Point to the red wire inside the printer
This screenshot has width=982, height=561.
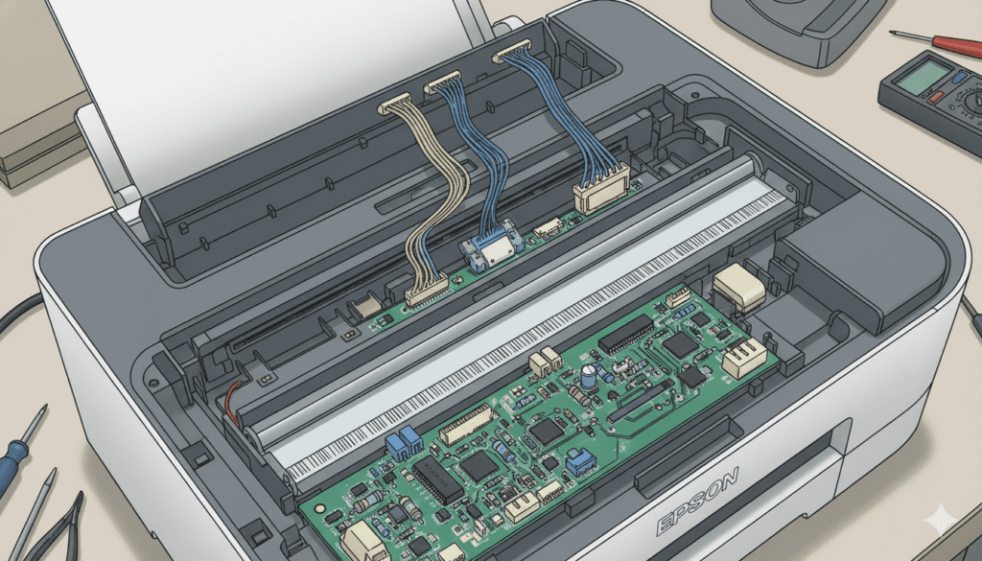tap(231, 401)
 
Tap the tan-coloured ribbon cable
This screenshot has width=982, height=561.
tap(433, 201)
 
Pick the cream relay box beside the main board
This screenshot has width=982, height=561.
tap(739, 288)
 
